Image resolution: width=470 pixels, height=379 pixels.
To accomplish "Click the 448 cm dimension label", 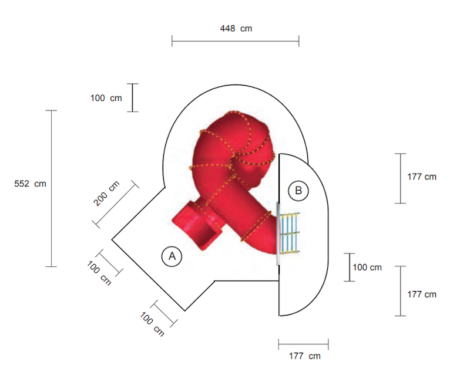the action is coord(236,28).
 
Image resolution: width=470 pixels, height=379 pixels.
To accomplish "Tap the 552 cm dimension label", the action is coord(31,184).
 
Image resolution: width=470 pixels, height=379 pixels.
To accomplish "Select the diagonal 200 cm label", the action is coord(106,194).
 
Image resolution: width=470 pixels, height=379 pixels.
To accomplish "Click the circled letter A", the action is coord(172,256).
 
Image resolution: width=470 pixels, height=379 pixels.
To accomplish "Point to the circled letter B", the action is coord(298,191).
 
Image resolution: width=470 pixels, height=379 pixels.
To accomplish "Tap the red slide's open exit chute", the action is coord(197,225).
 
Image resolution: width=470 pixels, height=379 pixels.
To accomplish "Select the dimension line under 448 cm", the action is coord(236,41).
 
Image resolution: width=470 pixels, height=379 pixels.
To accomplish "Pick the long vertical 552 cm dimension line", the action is coord(51,188).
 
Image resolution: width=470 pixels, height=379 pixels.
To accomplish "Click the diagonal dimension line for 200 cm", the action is coord(115,205).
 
